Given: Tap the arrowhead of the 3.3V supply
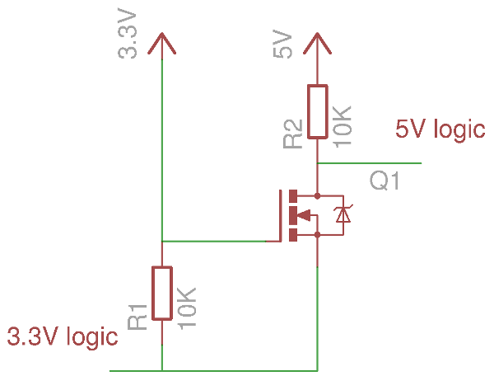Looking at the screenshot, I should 161,43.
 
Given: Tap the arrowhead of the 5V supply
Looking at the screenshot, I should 318,43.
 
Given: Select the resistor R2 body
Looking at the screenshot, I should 318,111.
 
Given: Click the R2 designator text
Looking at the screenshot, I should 292,134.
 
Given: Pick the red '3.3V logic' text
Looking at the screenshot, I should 62,336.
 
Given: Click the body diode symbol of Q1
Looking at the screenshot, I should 344,215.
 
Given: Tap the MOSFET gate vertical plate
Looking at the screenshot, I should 280,216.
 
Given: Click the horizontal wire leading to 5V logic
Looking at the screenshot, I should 370,163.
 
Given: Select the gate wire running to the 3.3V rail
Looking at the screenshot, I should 218,242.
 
